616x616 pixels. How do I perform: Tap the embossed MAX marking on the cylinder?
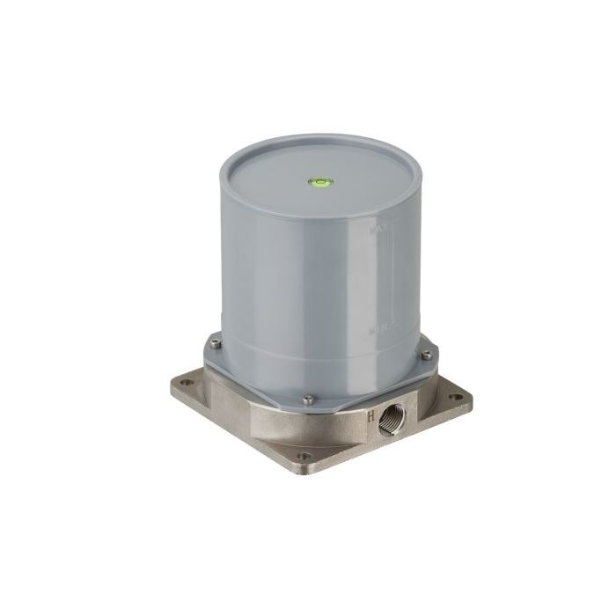(x=379, y=231)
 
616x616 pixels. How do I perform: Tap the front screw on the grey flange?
(x=308, y=400)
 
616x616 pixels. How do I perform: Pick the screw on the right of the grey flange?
(x=427, y=355)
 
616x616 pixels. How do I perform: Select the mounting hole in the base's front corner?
(x=304, y=457)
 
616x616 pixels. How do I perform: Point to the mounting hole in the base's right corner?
(x=454, y=397)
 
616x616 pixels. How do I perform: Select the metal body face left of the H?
(x=334, y=427)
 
